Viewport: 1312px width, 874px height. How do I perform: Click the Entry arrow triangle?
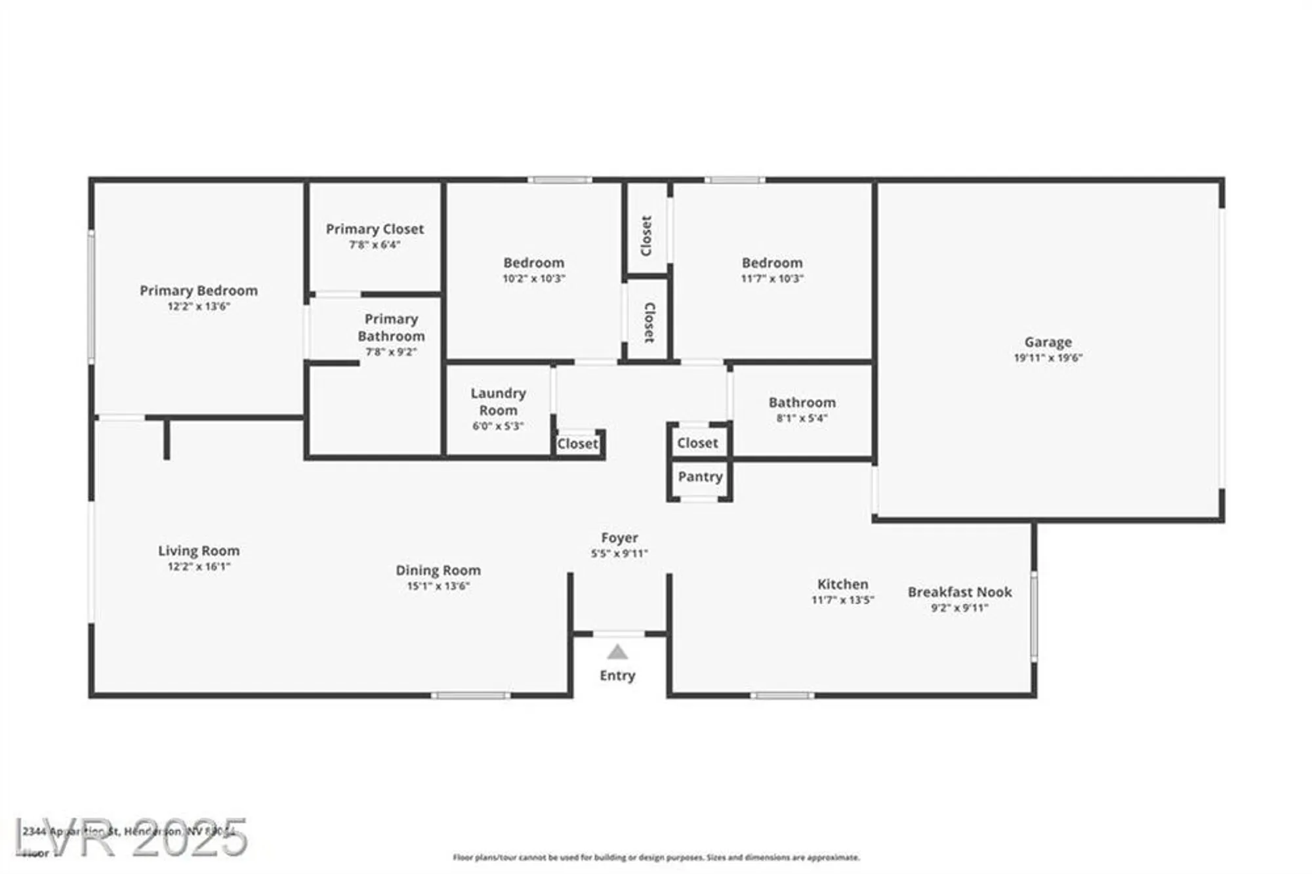pos(617,652)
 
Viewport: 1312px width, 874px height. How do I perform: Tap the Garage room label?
pos(1048,342)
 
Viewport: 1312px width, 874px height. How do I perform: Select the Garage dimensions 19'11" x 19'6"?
pos(1048,358)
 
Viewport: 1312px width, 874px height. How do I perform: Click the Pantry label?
pos(700,476)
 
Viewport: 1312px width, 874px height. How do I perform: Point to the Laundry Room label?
pos(498,402)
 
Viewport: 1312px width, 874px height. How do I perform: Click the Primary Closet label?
pos(375,229)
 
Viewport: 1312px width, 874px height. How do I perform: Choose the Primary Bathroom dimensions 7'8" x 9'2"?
pos(391,352)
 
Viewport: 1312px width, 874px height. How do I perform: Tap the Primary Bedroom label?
pos(198,290)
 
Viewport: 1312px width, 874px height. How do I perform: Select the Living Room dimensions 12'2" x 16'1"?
pos(198,566)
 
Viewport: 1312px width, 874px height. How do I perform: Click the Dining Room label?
pos(438,570)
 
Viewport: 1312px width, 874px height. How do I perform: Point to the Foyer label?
pos(619,537)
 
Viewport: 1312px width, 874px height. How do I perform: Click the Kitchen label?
pos(842,584)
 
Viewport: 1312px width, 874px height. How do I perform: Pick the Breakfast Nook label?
pos(959,592)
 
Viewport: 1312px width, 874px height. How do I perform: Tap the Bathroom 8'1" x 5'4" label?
pos(802,402)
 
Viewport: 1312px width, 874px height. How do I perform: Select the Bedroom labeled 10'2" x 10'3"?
pos(533,262)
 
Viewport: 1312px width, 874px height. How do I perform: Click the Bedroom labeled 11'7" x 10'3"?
pos(771,262)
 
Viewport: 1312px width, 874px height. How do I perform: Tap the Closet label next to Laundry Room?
pos(577,444)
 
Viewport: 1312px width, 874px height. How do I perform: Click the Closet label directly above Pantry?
pos(697,443)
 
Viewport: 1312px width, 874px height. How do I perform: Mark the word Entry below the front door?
pos(617,675)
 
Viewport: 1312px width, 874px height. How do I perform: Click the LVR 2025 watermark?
pos(131,837)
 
